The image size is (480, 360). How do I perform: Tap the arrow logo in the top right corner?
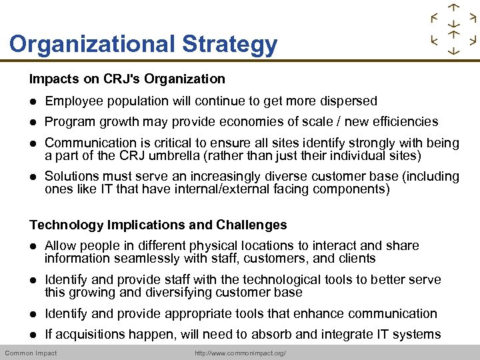(453, 29)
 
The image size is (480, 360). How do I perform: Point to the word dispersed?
(345, 101)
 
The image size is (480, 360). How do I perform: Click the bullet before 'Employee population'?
(33, 102)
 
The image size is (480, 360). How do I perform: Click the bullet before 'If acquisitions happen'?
(33, 335)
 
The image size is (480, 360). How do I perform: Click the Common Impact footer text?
(31, 353)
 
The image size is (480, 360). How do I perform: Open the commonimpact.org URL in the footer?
(240, 353)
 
